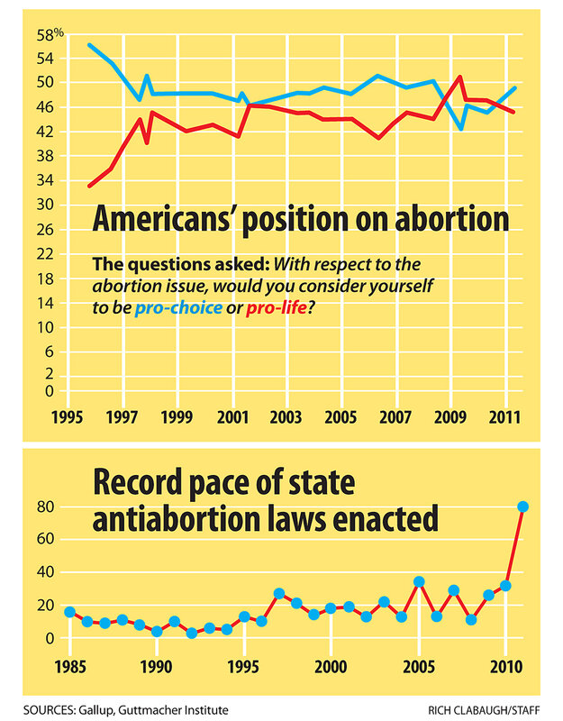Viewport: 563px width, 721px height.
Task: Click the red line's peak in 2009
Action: (x=460, y=77)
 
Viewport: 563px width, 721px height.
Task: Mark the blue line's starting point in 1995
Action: (x=88, y=44)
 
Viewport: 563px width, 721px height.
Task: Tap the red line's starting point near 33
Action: (x=88, y=186)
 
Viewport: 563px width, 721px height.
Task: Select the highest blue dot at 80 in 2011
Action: (x=522, y=507)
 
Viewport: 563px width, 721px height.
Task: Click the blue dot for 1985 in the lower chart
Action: (x=69, y=612)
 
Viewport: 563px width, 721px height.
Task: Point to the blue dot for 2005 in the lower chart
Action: (x=419, y=582)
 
